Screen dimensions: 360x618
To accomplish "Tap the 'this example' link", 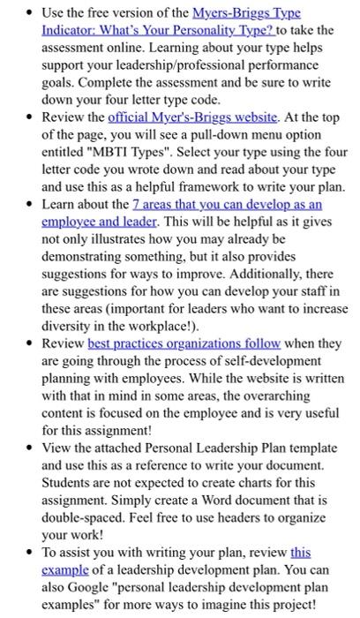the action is tap(300, 553).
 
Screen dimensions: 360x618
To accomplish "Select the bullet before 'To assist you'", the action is tap(28, 554).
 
